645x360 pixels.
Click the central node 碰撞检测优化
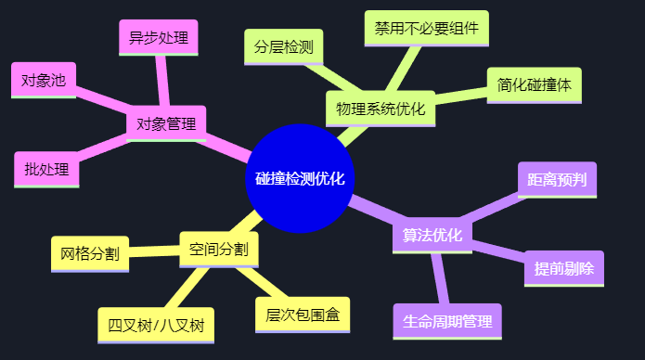[x=300, y=178]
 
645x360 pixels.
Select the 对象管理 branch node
[x=166, y=123]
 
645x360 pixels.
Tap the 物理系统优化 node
[x=381, y=109]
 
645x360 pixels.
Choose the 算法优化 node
[x=432, y=235]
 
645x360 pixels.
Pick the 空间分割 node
[x=219, y=249]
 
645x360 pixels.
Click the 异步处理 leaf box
[x=159, y=38]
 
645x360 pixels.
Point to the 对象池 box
[x=44, y=80]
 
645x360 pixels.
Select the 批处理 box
[x=46, y=169]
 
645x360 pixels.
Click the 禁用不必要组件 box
[x=427, y=28]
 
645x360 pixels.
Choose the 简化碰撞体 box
[x=535, y=84]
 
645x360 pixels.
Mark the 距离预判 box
[x=557, y=179]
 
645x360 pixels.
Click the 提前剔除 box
[x=564, y=268]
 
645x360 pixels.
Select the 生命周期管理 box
[x=447, y=321]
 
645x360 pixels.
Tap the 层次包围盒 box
[x=303, y=315]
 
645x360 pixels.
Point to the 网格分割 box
[x=90, y=253]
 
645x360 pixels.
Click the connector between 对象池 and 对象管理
[x=102, y=100]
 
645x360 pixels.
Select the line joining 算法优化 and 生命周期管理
[x=440, y=277]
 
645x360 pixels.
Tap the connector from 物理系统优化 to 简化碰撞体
[x=460, y=97]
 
